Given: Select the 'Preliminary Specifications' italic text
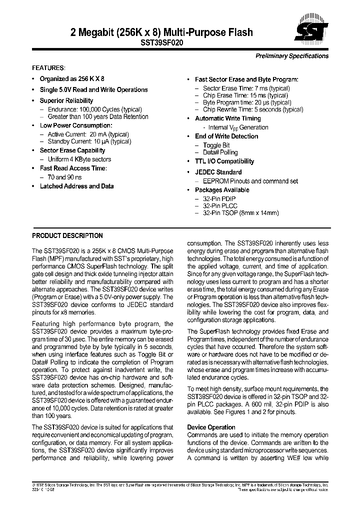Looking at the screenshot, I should tap(292, 56).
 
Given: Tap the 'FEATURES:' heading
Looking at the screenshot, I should tap(48, 67).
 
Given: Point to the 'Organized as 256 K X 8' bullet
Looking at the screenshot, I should tap(72, 78).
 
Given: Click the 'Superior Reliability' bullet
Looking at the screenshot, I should tap(66, 100).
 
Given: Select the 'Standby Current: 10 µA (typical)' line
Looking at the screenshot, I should tap(89, 141).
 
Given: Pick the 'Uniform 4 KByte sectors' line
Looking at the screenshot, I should tap(79, 159).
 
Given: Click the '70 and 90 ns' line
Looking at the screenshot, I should tap(64, 177).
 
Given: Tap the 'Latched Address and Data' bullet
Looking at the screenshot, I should tap(76, 186).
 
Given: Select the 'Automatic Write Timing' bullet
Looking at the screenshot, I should tap(227, 118).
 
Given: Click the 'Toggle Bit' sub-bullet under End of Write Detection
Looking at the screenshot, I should tap(216, 145).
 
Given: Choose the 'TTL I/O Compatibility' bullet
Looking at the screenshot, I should tap(224, 161).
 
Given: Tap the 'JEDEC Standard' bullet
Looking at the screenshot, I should tap(218, 172).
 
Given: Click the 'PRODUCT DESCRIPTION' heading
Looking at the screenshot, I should tap(67, 235).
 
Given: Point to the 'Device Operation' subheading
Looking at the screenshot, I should tap(211, 427).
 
